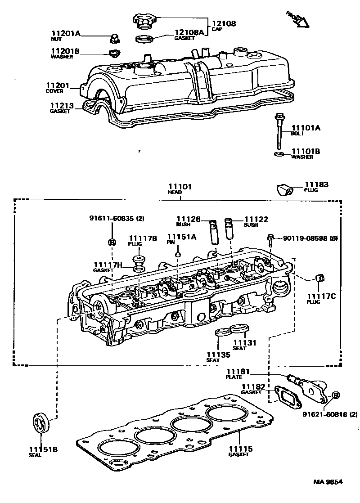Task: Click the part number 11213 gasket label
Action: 60,106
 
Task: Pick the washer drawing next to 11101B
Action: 279,155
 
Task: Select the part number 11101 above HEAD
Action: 180,186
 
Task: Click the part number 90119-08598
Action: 306,238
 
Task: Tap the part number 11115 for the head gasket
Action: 240,449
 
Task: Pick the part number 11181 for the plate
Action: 234,371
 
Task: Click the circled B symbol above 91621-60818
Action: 335,395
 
